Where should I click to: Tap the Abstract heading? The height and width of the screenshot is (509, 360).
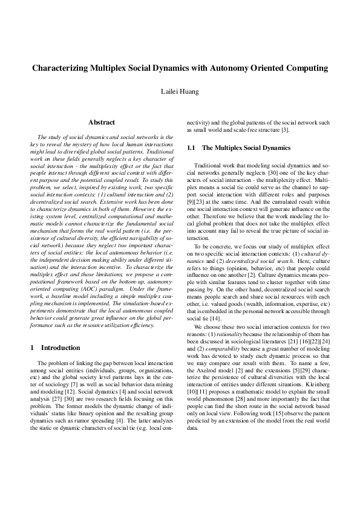coord(102,123)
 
